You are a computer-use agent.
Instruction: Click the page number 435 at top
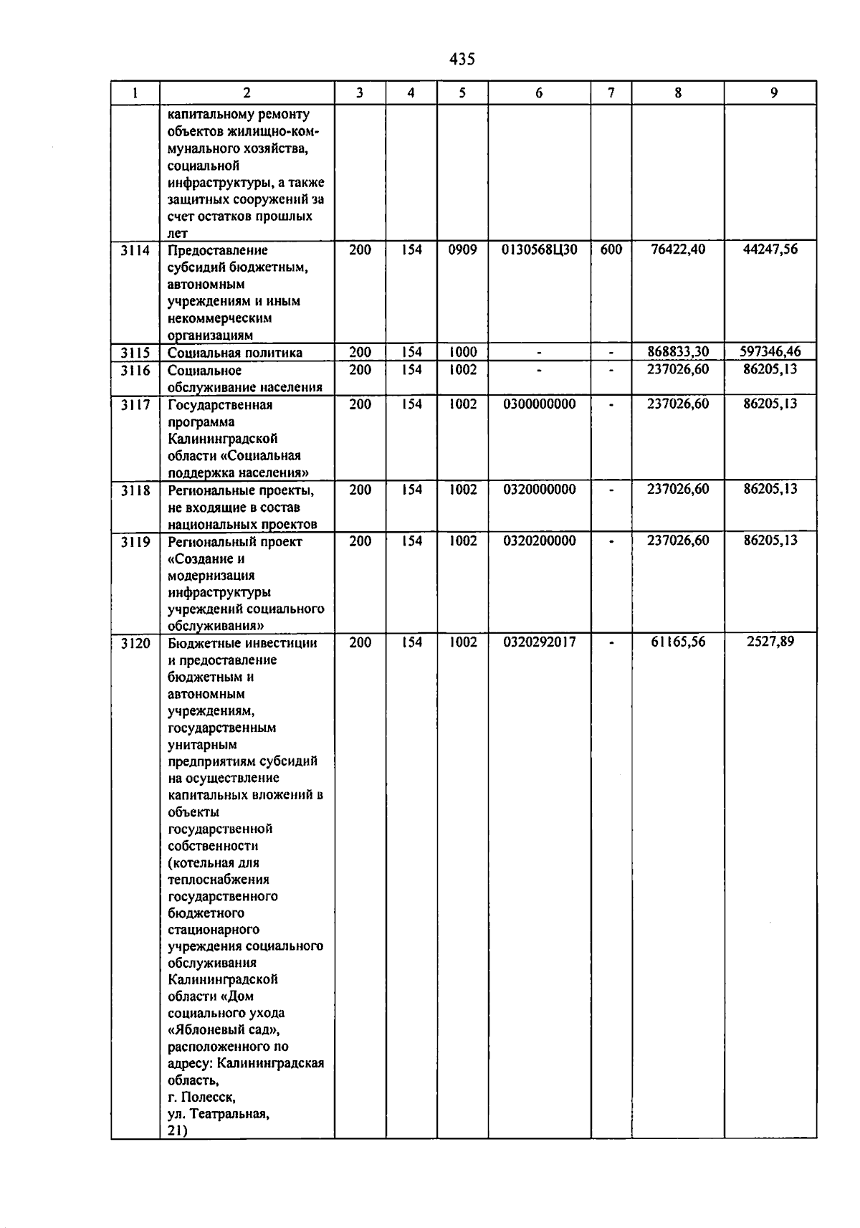coord(462,60)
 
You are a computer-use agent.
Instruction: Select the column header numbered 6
coord(539,92)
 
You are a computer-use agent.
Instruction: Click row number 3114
coord(135,250)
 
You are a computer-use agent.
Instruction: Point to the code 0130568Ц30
coord(539,250)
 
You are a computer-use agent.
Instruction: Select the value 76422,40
coord(677,249)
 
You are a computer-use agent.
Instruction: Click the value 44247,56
coord(770,249)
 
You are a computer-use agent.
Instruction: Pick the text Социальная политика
coord(235,353)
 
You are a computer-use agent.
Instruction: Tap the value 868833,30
coord(677,352)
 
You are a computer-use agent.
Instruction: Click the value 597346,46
coord(770,352)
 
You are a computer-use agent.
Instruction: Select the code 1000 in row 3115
coord(462,352)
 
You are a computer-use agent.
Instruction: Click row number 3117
coord(135,405)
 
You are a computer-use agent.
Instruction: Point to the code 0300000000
coord(539,404)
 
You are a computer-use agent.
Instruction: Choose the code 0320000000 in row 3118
coord(539,490)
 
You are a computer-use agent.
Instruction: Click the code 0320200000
coord(539,541)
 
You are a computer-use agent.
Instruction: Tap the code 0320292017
coord(539,642)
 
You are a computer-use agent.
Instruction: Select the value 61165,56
coord(677,642)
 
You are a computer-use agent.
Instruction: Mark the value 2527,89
coord(770,642)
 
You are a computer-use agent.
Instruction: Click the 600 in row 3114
coord(611,250)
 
